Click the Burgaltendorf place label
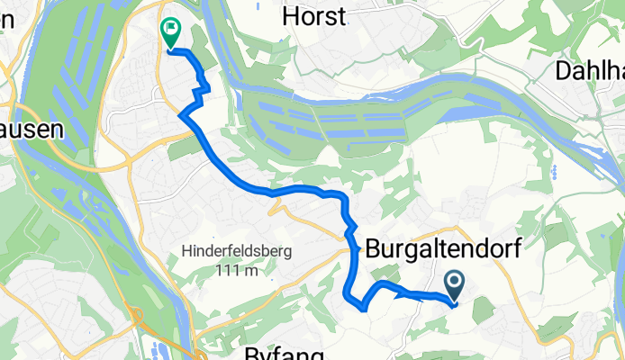tap(443, 249)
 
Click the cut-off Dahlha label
tap(589, 70)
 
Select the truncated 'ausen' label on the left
tap(31, 130)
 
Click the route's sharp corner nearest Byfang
tap(363, 309)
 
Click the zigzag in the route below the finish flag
tap(204, 87)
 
